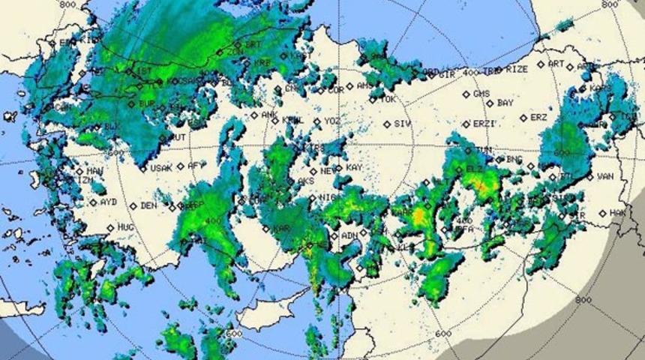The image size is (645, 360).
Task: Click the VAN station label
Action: [605, 177]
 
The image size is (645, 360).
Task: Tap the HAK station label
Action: [617, 213]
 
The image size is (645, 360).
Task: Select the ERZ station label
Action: [538, 118]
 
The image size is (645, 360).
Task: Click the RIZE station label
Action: [517, 69]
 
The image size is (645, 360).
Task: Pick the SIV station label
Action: [403, 124]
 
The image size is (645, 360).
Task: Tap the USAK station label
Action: [160, 168]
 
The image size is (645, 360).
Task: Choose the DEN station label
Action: [148, 205]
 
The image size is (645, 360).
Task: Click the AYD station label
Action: [108, 202]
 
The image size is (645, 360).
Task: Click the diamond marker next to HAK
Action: [602, 213]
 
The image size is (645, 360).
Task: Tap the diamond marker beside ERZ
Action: [523, 118]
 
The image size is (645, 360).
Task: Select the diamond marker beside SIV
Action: [387, 124]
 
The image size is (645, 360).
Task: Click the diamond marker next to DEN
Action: [133, 205]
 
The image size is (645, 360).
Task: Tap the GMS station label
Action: [481, 94]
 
